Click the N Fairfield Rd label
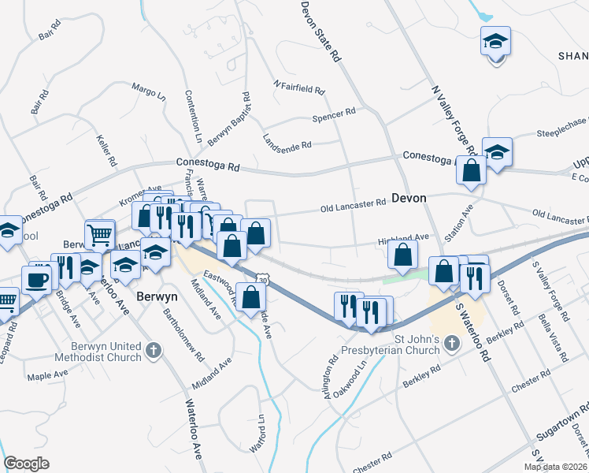298,87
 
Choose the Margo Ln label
149,91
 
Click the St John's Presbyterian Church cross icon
452,342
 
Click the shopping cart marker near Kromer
100,233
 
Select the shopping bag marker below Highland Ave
402,255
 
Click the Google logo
26,464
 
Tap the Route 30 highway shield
262,278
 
